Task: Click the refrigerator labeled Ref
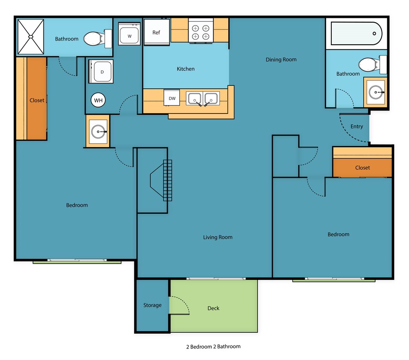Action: coord(156,32)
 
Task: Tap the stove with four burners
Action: coord(201,32)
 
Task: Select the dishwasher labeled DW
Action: coord(172,99)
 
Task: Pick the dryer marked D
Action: coord(102,72)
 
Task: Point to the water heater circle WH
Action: coord(99,101)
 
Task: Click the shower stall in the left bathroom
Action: coord(31,37)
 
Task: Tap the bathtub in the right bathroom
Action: coord(356,33)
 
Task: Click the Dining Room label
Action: coord(281,60)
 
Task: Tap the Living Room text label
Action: coord(218,237)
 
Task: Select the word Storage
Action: coord(152,305)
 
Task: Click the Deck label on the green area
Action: coord(213,308)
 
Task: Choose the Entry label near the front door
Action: coord(356,127)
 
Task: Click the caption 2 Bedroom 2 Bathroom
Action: coord(213,346)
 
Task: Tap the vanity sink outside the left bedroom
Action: coord(99,132)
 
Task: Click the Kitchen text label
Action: coord(186,69)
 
